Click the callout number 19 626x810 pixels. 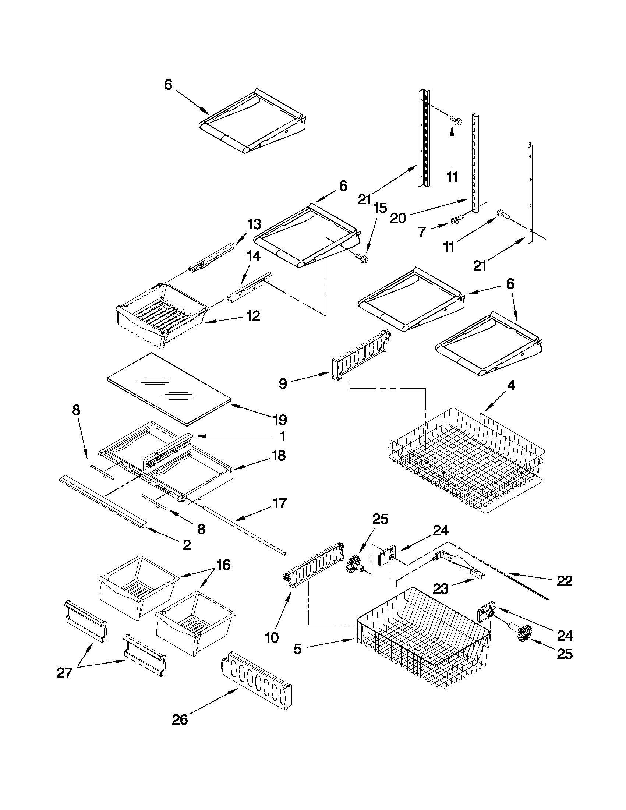click(280, 420)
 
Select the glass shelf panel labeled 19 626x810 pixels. click(169, 388)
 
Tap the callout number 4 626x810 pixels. click(511, 386)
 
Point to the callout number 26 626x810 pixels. click(180, 720)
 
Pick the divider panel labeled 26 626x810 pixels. click(256, 680)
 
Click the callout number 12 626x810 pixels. click(253, 316)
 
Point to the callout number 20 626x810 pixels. click(398, 218)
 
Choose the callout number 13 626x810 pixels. click(254, 224)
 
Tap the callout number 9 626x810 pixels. click(283, 383)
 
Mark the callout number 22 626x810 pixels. click(564, 581)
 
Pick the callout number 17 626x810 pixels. click(280, 503)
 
